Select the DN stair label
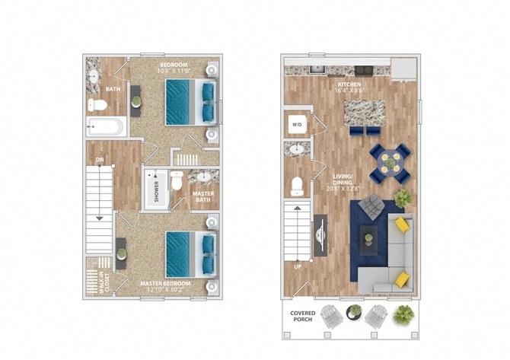[x=99, y=160]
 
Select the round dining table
[x=389, y=160]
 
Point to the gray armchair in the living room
[x=371, y=205]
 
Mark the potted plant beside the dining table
[x=403, y=198]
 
